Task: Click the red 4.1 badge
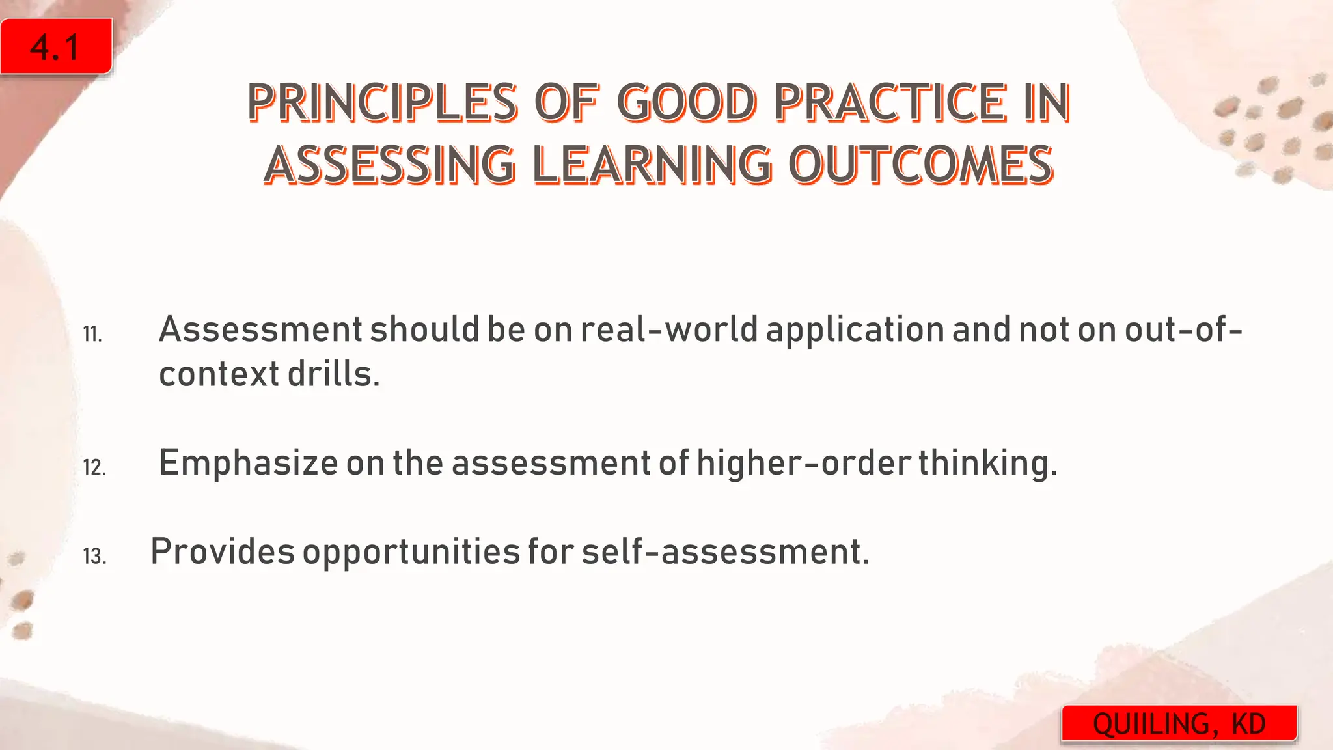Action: point(56,47)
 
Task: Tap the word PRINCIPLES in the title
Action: point(382,103)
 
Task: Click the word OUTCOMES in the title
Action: point(920,164)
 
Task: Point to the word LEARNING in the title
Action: point(652,164)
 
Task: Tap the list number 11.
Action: point(92,335)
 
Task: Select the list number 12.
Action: point(94,467)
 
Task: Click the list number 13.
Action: point(94,557)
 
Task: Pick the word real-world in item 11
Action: point(669,329)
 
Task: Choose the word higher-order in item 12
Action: point(803,463)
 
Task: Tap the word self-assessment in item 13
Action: point(724,551)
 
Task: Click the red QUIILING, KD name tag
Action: point(1179,723)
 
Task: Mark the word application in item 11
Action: point(855,329)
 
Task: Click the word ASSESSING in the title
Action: point(389,164)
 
